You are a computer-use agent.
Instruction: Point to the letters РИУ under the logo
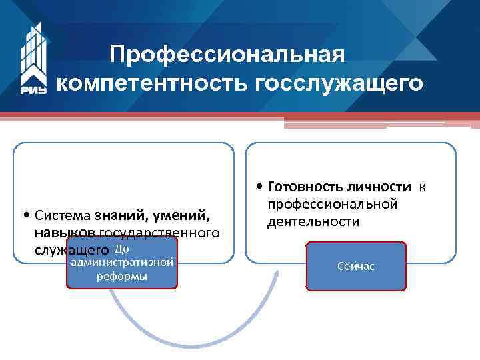point(34,89)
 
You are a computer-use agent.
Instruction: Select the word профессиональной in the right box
point(333,203)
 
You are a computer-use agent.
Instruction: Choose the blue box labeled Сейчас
point(356,266)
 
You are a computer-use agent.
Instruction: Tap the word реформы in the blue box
point(122,277)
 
